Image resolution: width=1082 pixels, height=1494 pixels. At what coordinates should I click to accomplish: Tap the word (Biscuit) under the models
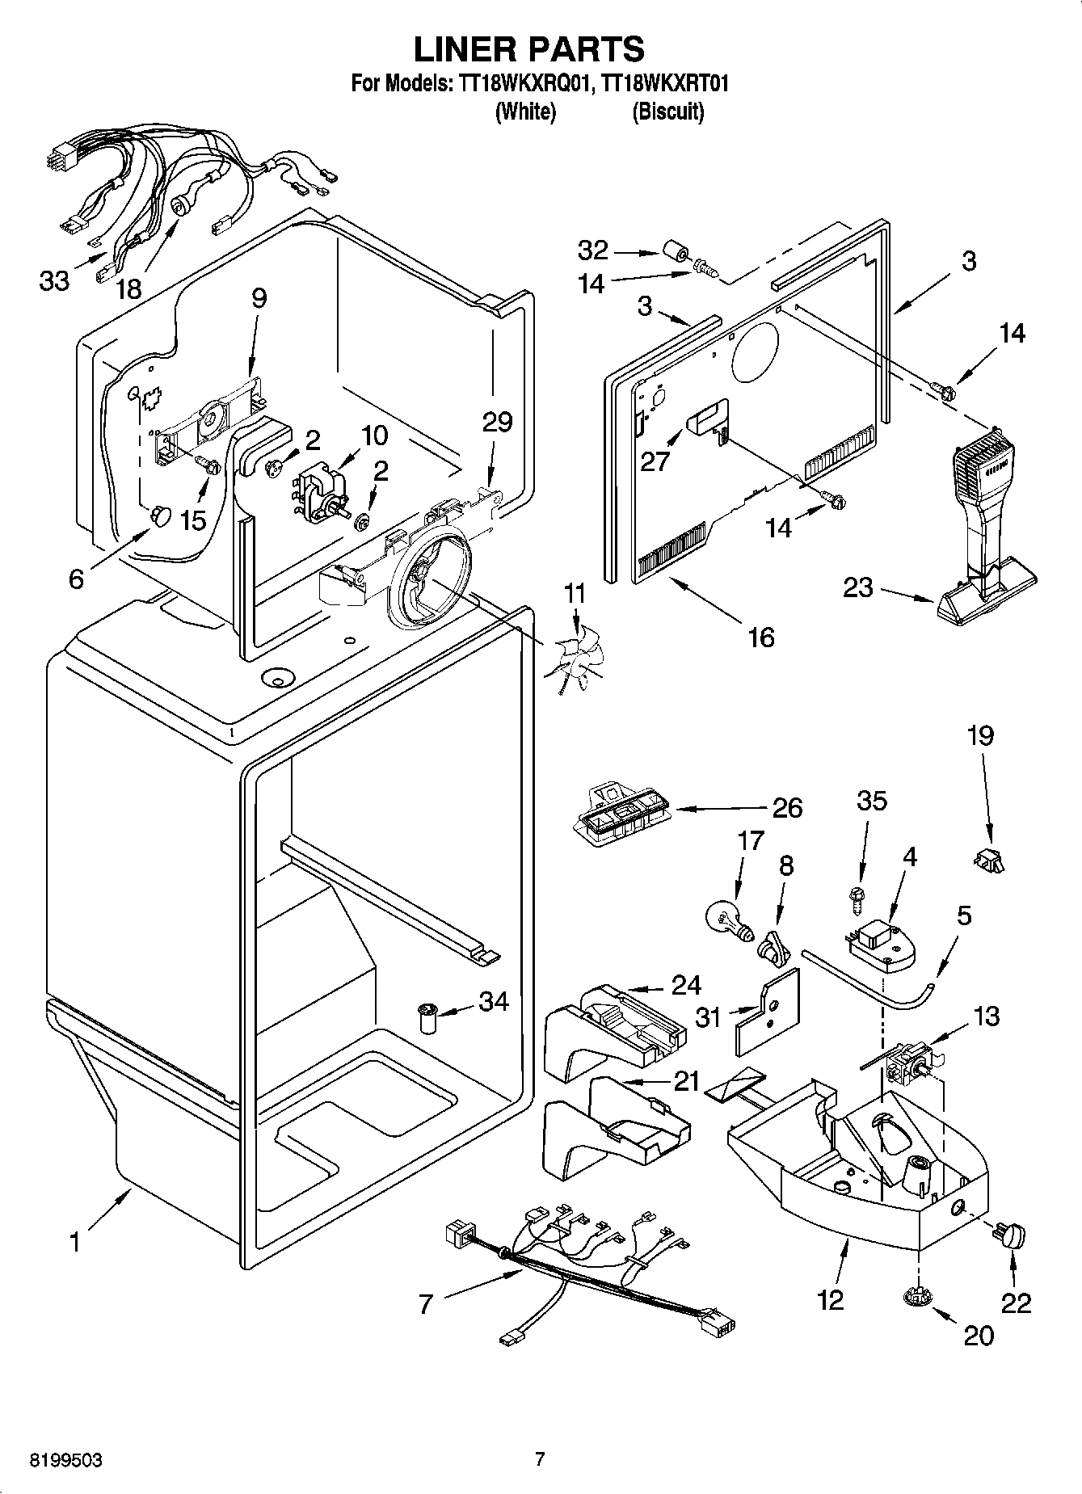pyautogui.click(x=667, y=112)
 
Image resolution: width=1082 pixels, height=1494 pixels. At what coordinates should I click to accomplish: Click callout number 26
pyautogui.click(x=787, y=807)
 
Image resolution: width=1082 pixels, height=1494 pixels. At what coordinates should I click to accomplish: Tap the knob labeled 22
pyautogui.click(x=1010, y=1235)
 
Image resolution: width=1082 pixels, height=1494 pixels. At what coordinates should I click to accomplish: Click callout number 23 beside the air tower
pyautogui.click(x=858, y=587)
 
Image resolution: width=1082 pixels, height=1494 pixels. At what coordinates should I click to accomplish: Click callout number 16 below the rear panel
pyautogui.click(x=761, y=638)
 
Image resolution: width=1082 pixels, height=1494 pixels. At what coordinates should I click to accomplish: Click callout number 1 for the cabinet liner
pyautogui.click(x=74, y=1241)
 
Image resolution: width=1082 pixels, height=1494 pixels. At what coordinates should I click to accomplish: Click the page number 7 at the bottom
pyautogui.click(x=540, y=1459)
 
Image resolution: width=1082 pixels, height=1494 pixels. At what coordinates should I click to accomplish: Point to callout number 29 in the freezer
pyautogui.click(x=498, y=422)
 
